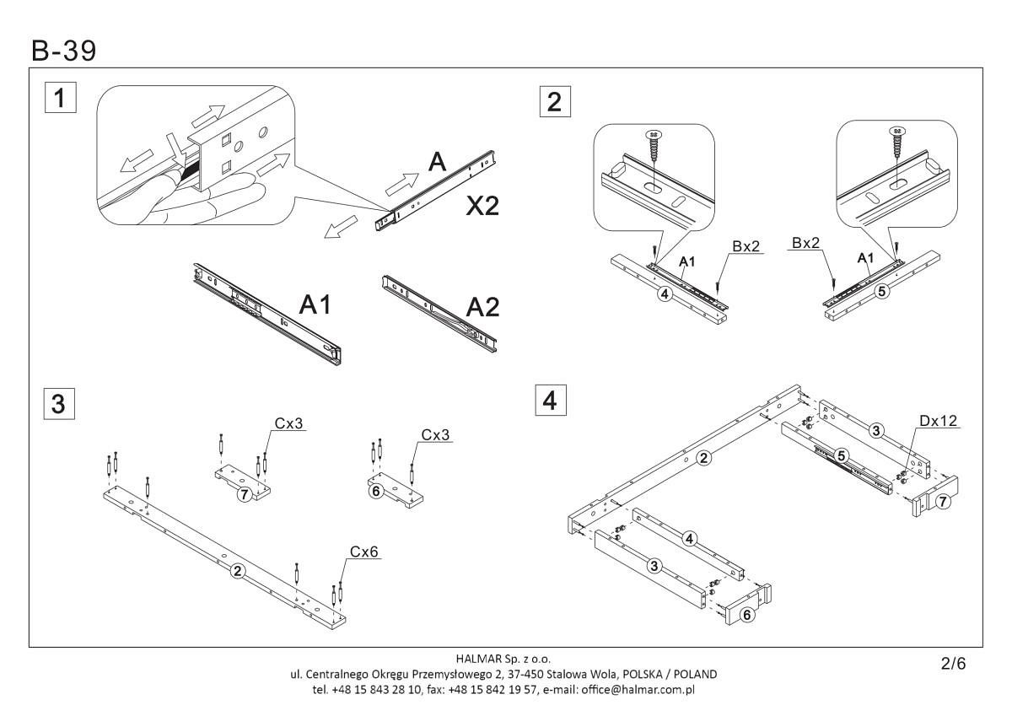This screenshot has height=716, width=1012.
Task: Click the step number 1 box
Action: coord(58,98)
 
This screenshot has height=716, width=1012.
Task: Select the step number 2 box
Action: coord(553,101)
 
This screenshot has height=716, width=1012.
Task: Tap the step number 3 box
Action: coord(58,403)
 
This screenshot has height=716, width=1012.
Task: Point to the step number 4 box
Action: coord(551,401)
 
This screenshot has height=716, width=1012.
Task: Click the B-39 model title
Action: coord(63,51)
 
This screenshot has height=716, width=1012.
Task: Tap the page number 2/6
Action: coord(953,664)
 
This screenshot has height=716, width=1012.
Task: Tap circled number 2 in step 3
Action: coord(239,571)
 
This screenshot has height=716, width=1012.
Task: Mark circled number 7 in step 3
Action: coord(244,494)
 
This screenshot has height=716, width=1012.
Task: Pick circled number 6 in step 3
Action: coord(377,489)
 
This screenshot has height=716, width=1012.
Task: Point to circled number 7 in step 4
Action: coord(943,502)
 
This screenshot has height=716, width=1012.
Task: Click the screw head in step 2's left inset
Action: coord(652,133)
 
